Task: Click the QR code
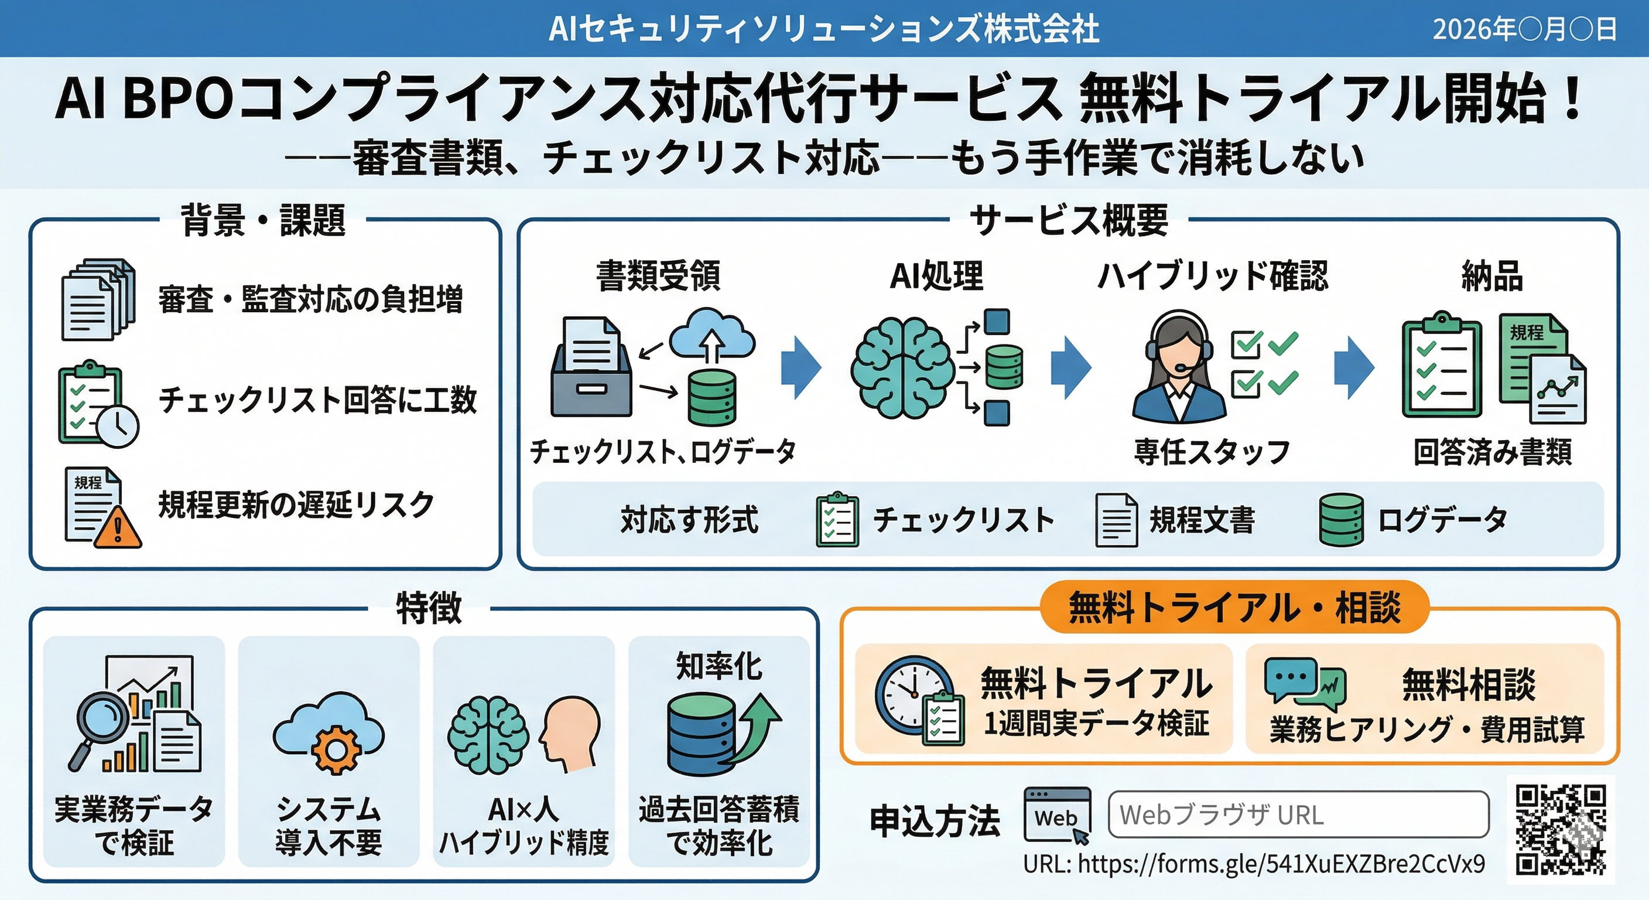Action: [1561, 830]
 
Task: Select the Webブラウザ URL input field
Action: [1298, 814]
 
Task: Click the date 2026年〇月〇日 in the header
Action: [1524, 29]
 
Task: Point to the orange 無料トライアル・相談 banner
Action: [1234, 606]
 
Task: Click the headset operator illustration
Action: [1179, 369]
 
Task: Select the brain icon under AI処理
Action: [902, 367]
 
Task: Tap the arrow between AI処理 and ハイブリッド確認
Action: [1070, 367]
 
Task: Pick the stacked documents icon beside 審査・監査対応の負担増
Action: [97, 299]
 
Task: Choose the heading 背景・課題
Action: [263, 220]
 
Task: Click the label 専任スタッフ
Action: [1211, 452]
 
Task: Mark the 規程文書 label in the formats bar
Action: [1202, 519]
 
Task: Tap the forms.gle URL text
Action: [1253, 864]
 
